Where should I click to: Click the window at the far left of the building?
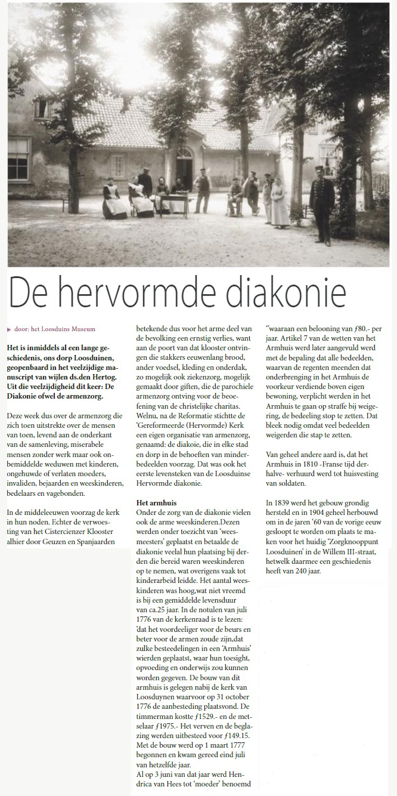pyautogui.click(x=18, y=159)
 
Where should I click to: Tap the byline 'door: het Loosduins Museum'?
pyautogui.click(x=54, y=329)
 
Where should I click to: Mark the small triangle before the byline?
pyautogui.click(x=9, y=329)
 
